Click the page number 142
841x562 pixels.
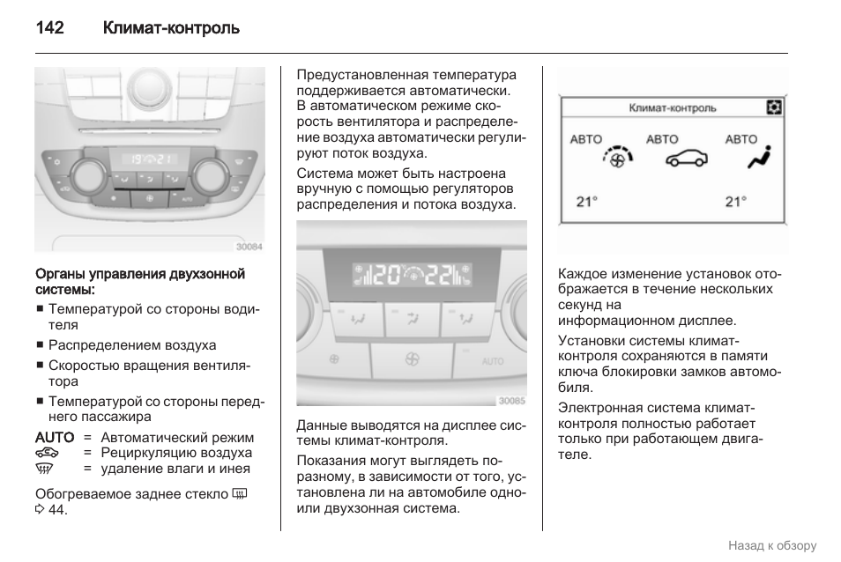[x=50, y=28]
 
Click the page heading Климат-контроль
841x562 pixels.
[x=171, y=28]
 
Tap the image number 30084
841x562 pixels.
[x=249, y=247]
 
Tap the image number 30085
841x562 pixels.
[x=511, y=401]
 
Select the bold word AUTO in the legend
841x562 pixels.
[x=55, y=438]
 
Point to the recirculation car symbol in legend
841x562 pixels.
[x=48, y=453]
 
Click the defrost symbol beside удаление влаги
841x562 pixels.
[x=48, y=469]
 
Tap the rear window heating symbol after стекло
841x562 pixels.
[x=242, y=493]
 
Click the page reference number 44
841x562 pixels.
[x=56, y=510]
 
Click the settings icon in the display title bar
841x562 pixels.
[x=773, y=107]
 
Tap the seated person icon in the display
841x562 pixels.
[x=756, y=158]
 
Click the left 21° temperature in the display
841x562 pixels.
[x=586, y=201]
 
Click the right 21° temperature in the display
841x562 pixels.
[x=735, y=201]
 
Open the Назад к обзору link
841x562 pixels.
[x=771, y=545]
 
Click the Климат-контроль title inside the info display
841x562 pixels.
[x=672, y=108]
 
